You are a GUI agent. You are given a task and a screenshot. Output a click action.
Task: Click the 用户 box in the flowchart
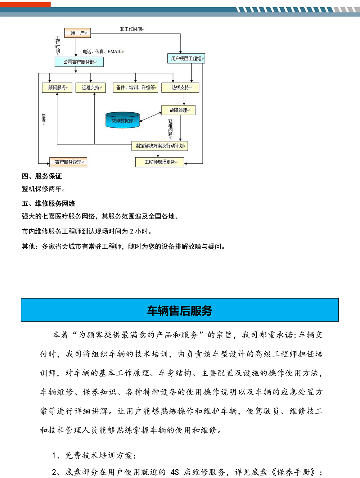click(x=77, y=33)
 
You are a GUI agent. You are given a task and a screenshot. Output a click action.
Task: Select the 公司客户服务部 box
click(x=79, y=62)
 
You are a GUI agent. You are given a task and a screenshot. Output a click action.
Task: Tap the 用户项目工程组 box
click(x=186, y=58)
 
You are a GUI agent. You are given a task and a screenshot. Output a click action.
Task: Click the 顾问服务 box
click(x=57, y=87)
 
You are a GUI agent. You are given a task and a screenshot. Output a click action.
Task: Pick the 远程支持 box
click(x=91, y=87)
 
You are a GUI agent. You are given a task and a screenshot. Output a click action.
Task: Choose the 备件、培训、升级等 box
click(x=136, y=87)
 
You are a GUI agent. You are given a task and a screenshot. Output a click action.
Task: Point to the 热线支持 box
click(x=180, y=87)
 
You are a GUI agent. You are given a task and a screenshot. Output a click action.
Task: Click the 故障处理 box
click(x=179, y=110)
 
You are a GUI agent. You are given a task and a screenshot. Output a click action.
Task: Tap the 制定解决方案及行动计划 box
click(x=159, y=146)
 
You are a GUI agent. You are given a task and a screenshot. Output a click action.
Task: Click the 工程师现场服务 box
click(x=159, y=162)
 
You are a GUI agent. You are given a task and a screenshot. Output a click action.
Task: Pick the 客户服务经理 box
click(x=68, y=162)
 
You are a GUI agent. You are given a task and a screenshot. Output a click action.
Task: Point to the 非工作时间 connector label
click(x=131, y=29)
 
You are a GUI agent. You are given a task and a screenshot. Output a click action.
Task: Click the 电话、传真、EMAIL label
click(x=102, y=52)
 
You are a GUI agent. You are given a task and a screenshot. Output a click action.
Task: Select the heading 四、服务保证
click(x=42, y=176)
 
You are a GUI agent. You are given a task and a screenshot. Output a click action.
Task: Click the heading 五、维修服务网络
click(x=49, y=203)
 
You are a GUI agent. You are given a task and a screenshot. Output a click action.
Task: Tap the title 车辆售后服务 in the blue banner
click(x=180, y=310)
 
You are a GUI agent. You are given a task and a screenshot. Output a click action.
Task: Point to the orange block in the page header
click(x=25, y=4)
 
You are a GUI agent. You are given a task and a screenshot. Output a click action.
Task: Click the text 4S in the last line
click(x=175, y=472)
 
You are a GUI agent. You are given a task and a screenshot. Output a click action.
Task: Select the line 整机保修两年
click(x=44, y=189)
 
